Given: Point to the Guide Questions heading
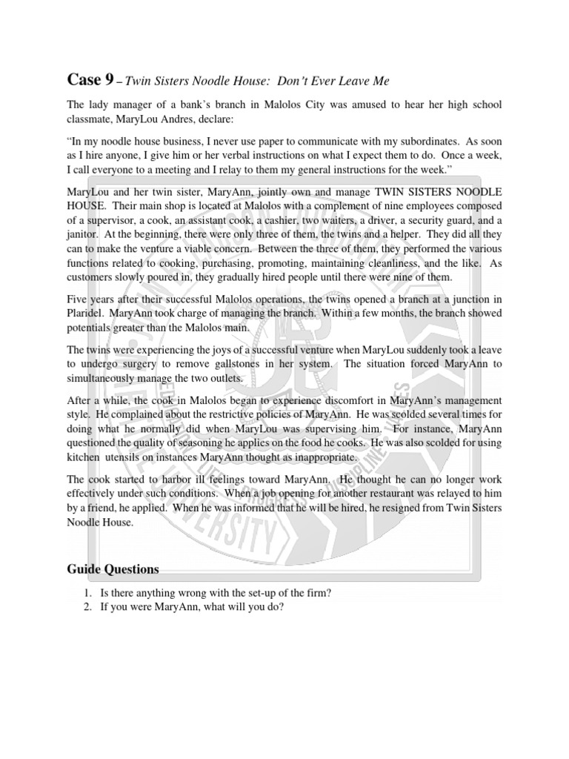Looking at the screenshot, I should pos(113,569).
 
